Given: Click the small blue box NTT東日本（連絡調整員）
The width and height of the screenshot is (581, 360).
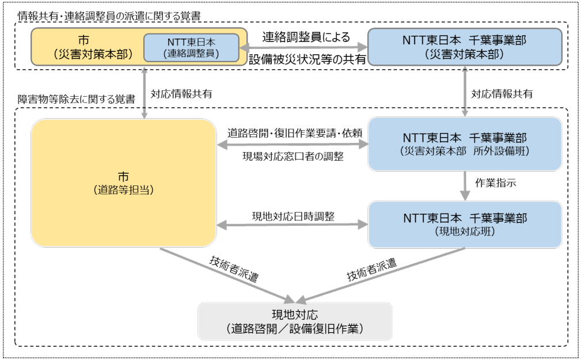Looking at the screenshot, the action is pos(191,48).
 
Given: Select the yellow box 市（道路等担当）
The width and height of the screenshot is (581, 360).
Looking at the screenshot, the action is pos(123,183).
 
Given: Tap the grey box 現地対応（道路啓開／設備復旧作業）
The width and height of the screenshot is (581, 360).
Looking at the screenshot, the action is pos(295,321).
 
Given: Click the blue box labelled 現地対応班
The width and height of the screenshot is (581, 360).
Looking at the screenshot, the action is pos(465,224).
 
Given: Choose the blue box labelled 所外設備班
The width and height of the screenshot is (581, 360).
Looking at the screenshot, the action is pos(465,144).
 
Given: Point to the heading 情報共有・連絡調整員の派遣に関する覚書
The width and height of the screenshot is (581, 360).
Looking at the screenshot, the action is pos(109,16).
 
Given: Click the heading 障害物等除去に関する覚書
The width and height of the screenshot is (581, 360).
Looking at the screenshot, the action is pos(77,100).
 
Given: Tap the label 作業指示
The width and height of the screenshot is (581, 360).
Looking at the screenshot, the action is pos(495,183).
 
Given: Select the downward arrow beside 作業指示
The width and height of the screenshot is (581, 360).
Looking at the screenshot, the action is pos(465,185).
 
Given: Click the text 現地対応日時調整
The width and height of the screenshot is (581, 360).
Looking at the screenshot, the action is pos(293,216).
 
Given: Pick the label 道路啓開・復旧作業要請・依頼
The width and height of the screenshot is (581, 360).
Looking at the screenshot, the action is pos(295,133).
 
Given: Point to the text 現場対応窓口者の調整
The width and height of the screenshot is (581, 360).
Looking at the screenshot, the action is pos(293,157).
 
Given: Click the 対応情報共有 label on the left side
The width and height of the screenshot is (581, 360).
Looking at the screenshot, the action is pos(181,94).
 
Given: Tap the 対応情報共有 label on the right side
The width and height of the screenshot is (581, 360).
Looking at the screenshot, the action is pos(502,94).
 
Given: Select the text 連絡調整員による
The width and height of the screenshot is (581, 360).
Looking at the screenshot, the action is pos(306,37).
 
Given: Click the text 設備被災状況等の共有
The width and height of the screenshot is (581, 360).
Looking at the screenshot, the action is pos(307,59).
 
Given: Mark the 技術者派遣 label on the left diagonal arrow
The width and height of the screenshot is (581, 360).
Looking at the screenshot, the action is pos(234,269).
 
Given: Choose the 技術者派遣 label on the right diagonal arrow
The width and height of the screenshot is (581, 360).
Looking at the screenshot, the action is pos(371,270).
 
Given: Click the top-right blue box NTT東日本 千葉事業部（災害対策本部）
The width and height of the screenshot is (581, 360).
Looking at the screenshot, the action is pos(465,47).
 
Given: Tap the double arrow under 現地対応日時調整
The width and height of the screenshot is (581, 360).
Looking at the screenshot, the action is pos(292,224).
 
